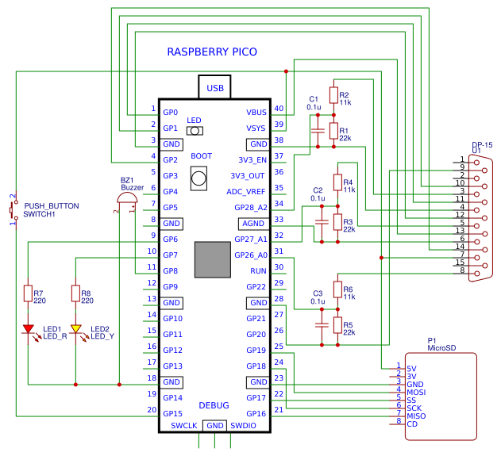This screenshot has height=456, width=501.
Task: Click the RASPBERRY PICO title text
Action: click(212, 52)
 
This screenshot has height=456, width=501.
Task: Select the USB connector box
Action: click(214, 88)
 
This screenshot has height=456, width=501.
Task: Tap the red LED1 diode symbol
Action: click(29, 328)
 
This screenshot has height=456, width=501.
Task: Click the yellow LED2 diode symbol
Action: click(76, 328)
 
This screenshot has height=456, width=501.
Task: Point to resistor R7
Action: click(29, 295)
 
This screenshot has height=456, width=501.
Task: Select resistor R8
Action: click(76, 295)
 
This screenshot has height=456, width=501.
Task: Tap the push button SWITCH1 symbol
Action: click(13, 210)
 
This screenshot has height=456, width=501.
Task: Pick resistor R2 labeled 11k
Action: click(333, 97)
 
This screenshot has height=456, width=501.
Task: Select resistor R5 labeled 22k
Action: click(337, 325)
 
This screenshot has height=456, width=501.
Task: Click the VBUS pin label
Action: click(257, 113)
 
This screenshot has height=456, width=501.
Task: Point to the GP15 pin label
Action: click(172, 413)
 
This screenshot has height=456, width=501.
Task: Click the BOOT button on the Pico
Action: click(199, 179)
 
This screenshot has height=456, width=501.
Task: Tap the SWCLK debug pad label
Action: click(183, 426)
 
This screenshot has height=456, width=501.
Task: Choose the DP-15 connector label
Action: click(482, 144)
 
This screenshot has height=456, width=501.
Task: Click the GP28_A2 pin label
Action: click(251, 207)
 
